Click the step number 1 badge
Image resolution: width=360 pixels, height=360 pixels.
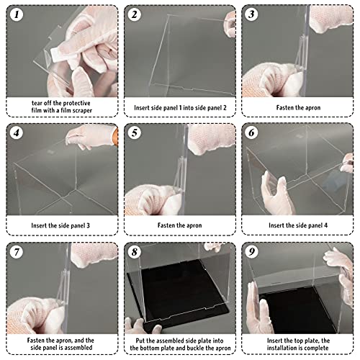[14, 14]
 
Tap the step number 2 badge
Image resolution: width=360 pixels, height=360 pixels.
[134, 14]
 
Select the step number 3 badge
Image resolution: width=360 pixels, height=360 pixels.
[251, 14]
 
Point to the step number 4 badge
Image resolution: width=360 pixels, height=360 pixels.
[14, 133]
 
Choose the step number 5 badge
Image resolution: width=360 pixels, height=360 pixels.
[134, 133]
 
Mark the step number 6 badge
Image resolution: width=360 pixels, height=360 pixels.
[251, 133]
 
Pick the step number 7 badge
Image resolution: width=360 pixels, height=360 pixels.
[14, 252]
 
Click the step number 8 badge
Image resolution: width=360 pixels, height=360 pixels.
[134, 252]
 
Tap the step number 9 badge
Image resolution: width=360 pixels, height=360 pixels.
[251, 252]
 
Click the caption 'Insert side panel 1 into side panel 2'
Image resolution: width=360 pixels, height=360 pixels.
[180, 107]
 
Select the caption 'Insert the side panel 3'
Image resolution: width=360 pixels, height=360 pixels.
[61, 225]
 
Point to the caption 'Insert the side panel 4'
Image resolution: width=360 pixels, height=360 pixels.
[298, 225]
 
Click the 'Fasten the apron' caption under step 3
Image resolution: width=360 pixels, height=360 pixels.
[298, 107]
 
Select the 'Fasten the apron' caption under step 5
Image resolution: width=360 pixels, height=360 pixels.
[180, 225]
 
